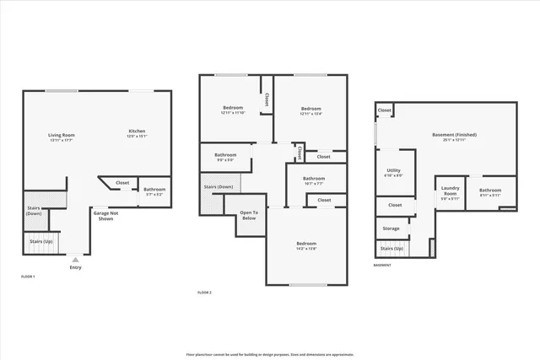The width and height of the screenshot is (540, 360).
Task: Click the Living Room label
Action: click(61, 135)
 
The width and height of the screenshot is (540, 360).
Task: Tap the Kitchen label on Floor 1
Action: click(137, 132)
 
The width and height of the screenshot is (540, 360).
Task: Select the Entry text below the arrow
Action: click(76, 267)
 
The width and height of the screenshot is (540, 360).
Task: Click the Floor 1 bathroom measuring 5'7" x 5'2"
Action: click(154, 191)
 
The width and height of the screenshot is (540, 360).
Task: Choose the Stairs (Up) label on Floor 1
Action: click(42, 241)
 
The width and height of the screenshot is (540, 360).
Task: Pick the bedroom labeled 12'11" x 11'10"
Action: click(233, 110)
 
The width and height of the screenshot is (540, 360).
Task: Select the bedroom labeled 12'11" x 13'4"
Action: click(310, 110)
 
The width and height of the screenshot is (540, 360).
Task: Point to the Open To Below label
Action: click(249, 215)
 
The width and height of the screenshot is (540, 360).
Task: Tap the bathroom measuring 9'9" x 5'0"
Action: click(225, 156)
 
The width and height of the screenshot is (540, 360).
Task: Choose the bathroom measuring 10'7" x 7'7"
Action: click(314, 180)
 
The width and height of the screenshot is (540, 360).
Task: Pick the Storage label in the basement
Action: click(391, 228)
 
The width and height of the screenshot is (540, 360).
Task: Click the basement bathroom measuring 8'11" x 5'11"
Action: click(490, 191)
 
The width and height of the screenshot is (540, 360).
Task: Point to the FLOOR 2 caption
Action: click(204, 292)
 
